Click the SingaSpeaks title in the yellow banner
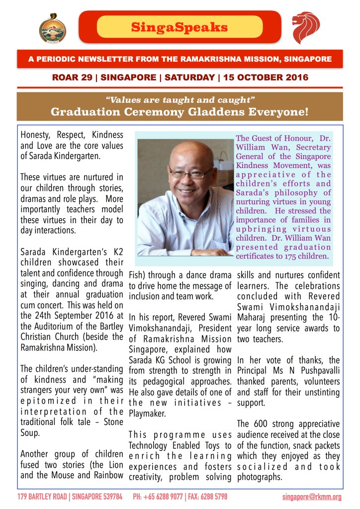click(180, 26)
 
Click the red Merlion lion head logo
click(306, 27)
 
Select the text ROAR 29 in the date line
click(69, 78)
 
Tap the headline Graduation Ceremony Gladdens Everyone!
click(180, 111)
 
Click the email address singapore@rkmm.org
click(312, 497)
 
